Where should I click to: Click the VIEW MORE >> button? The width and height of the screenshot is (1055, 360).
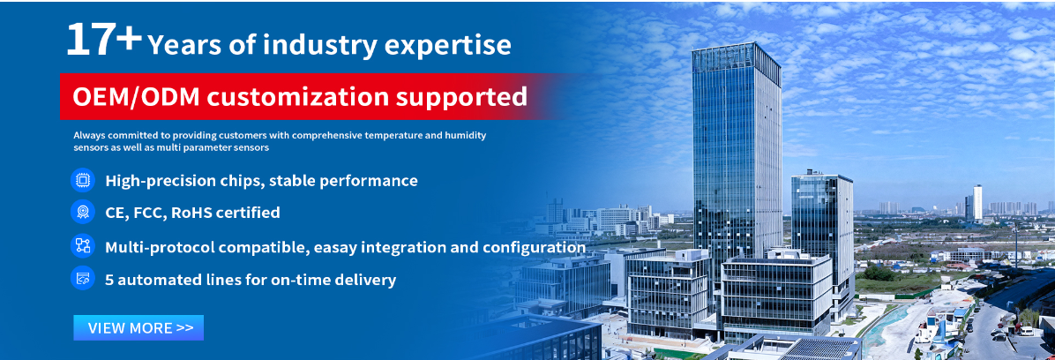138,327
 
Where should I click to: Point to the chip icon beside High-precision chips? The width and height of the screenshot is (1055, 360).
83,180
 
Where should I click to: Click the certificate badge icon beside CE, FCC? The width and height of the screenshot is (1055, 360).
83,213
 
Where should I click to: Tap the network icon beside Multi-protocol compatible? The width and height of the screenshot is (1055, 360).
83,245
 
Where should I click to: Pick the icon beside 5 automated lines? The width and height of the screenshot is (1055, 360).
83,279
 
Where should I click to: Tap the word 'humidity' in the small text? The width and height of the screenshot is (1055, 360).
467,135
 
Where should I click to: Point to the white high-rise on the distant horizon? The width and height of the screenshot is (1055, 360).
977,202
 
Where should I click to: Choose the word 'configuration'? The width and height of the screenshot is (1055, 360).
534,248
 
